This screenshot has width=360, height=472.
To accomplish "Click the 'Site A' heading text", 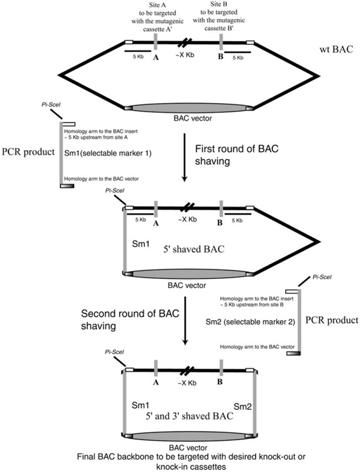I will tap(154, 5).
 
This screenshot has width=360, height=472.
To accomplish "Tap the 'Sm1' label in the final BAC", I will tap(142, 404).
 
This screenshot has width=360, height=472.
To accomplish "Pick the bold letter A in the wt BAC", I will tap(156, 57).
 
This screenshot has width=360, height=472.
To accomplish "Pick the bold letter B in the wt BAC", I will tap(221, 57).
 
